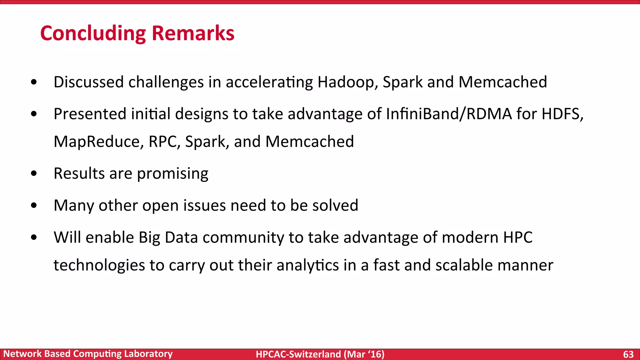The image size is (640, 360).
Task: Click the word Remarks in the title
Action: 193,33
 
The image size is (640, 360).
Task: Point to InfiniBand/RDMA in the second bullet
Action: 449,114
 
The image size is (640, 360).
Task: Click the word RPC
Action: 164,142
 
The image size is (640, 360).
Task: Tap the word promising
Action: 172,174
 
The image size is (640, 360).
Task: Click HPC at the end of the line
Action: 517,237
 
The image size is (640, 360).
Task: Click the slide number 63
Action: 628,354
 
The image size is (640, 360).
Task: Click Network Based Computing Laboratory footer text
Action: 88,354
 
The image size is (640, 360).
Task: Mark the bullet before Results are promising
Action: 34,174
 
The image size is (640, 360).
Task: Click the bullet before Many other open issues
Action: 34,206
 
